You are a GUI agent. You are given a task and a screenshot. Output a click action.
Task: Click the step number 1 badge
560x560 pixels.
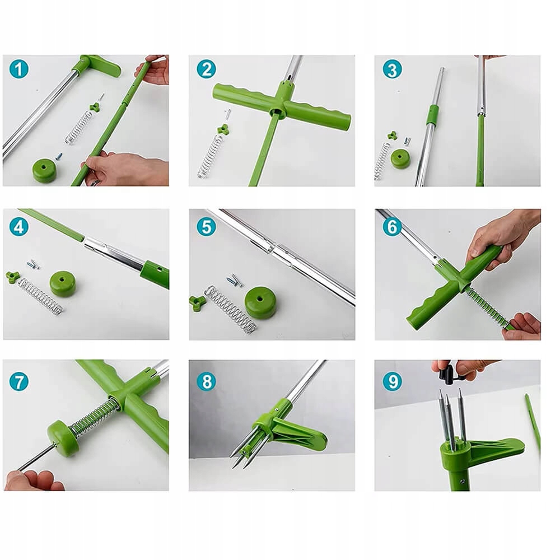tap(19, 69)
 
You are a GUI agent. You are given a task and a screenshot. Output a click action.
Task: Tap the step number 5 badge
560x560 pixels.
tap(207, 227)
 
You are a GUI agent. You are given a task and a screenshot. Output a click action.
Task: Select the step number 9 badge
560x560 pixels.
tap(393, 381)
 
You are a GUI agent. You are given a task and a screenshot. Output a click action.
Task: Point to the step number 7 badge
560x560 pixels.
tap(19, 381)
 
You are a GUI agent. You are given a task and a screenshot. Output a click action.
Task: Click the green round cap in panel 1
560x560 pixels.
tap(45, 170)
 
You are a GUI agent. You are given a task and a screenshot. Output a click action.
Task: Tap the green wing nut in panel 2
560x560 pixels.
tap(223, 129)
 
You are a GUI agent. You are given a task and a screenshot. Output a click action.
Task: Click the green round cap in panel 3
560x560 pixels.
tap(402, 158)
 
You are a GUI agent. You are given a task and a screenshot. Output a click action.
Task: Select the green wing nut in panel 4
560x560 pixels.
tap(13, 277)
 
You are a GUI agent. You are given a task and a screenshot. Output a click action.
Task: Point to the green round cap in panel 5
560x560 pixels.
tap(261, 302)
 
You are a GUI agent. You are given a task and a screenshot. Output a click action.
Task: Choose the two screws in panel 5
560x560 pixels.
tap(235, 280)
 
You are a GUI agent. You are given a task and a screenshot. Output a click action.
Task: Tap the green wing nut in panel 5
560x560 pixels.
tap(198, 303)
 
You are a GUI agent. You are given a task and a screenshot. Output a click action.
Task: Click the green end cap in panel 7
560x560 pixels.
tap(63, 437)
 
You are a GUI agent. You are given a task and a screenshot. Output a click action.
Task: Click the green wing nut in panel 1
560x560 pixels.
tap(94, 106)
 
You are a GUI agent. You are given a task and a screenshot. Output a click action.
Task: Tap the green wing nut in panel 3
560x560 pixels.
tap(392, 136)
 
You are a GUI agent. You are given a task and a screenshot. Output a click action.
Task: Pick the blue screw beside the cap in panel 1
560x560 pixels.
tap(59, 156)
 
